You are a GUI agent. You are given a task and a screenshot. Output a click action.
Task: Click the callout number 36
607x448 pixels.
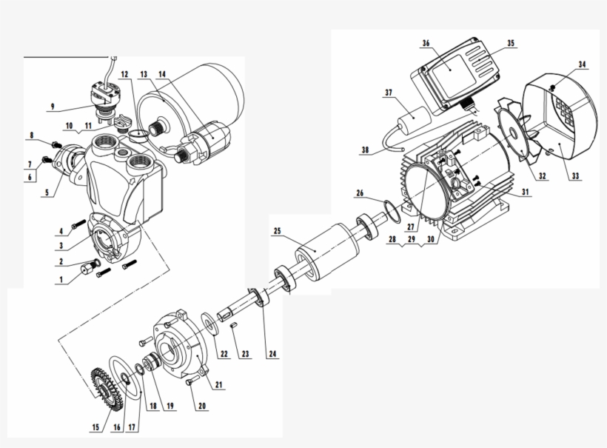coord(426,44)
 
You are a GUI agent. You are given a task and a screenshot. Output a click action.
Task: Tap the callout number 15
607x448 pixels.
coord(95,428)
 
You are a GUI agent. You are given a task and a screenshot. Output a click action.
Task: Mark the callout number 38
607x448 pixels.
coord(364,149)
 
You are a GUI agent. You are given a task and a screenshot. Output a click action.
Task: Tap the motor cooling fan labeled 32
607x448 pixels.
coord(516,141)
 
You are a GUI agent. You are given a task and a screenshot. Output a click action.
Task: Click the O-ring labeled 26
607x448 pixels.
coord(392,209)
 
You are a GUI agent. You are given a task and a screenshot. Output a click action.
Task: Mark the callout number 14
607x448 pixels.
coord(162,74)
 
